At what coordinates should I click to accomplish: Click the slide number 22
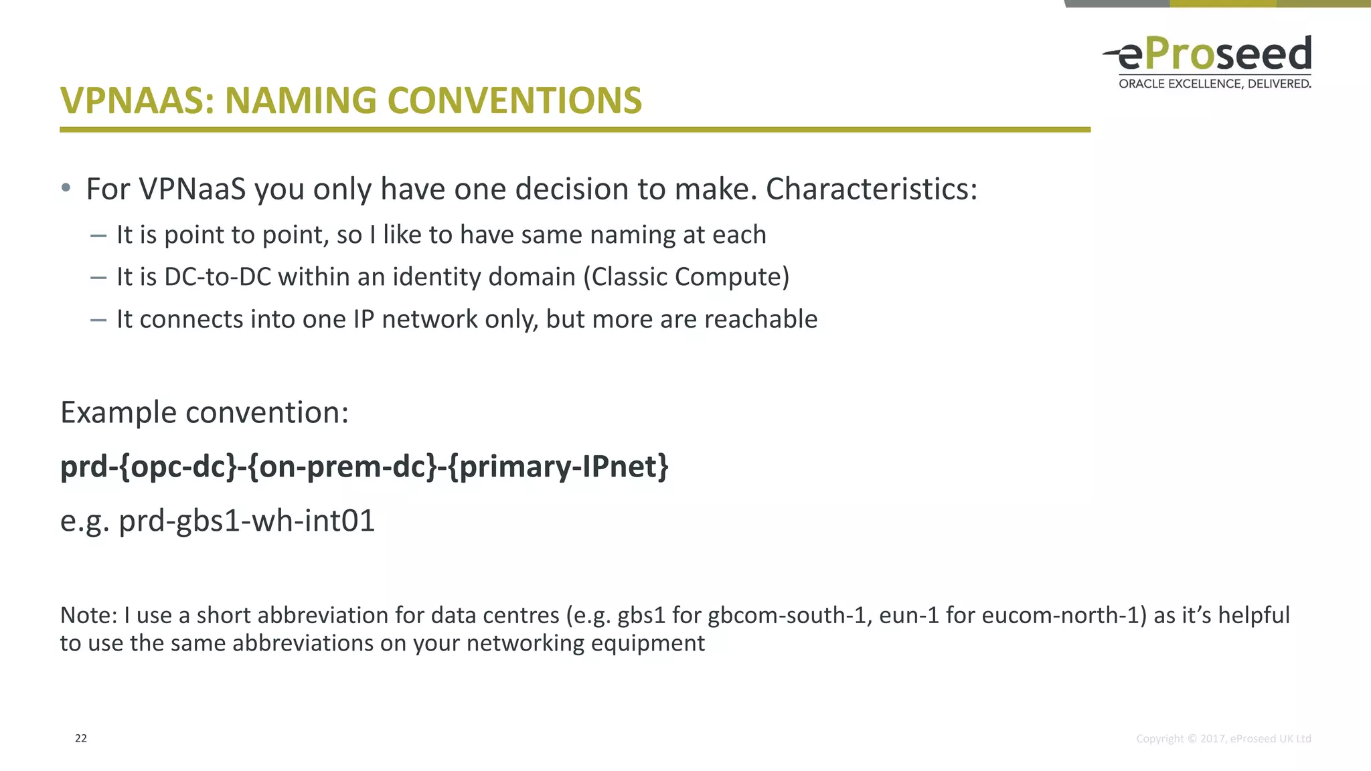(x=81, y=738)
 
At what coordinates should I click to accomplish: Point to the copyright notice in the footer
(x=1223, y=739)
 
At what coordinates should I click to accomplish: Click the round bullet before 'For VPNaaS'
(x=66, y=188)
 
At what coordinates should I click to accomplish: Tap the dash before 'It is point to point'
(x=98, y=235)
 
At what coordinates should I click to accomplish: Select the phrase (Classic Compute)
(x=686, y=277)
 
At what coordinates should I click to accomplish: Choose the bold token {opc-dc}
(x=178, y=466)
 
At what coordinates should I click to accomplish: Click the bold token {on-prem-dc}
(x=341, y=466)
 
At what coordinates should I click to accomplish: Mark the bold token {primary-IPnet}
(x=558, y=466)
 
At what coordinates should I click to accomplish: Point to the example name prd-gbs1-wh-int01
(x=246, y=521)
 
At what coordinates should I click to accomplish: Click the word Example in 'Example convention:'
(x=118, y=413)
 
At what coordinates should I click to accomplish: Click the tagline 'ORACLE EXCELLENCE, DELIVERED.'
(x=1214, y=84)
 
